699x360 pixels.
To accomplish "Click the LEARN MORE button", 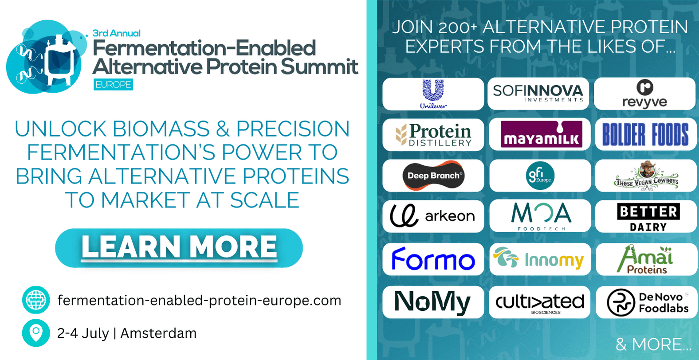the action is click(x=179, y=248).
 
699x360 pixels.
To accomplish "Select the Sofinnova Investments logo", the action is click(x=538, y=93).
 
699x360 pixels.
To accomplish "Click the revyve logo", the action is click(x=645, y=94).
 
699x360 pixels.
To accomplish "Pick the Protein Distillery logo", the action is click(x=433, y=135).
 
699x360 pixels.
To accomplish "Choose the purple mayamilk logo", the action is click(x=542, y=134).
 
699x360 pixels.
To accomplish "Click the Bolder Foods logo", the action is click(x=645, y=134).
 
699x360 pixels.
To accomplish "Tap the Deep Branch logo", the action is click(x=433, y=175).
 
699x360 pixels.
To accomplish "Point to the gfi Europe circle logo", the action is click(x=540, y=175).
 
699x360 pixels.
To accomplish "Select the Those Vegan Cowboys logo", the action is click(x=646, y=175).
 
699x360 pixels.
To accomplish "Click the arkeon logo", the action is click(x=432, y=215).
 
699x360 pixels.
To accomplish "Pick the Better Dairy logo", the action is click(x=648, y=217).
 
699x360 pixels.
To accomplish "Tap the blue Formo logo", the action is click(x=433, y=259).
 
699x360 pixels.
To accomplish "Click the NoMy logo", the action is click(x=432, y=302).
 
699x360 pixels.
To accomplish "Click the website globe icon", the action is click(x=36, y=300).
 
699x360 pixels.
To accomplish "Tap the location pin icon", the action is click(x=36, y=333).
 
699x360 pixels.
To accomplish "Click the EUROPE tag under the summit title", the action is click(x=113, y=85).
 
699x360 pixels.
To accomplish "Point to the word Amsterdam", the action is click(x=158, y=333).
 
